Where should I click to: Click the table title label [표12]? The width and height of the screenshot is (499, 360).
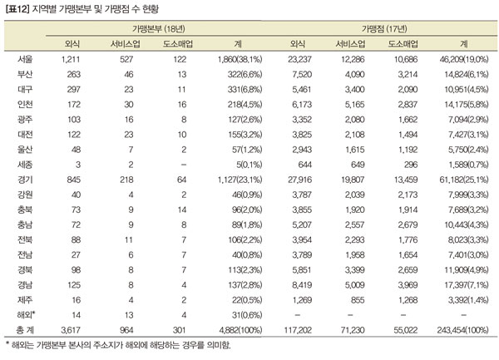(17, 9)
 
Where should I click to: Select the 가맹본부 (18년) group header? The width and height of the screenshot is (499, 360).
(159, 29)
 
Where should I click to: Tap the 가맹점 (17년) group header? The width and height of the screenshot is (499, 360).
(384, 29)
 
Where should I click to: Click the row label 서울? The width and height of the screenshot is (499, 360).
(25, 59)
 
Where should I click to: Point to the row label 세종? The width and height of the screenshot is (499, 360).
(25, 165)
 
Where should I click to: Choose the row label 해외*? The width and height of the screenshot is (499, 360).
(26, 315)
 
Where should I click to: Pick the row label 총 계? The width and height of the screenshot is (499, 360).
(25, 330)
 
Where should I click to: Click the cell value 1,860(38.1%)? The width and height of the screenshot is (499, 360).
(240, 59)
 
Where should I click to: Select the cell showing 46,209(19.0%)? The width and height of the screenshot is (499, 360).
(464, 59)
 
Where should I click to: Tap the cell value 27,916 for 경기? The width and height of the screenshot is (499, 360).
(299, 180)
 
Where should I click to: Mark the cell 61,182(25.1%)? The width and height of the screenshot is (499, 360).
(464, 180)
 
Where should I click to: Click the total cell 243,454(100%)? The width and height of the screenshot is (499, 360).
(462, 330)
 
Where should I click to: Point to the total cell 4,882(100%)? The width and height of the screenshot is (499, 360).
(240, 330)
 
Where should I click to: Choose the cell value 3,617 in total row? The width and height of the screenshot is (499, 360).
(71, 330)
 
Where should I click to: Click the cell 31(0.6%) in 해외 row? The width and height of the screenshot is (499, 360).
(247, 315)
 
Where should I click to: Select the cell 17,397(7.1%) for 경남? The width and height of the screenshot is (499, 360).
(467, 284)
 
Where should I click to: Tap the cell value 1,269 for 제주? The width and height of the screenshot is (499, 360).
(302, 300)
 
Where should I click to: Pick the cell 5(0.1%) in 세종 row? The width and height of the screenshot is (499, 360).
(249, 165)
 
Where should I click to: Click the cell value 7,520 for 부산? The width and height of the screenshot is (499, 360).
(302, 74)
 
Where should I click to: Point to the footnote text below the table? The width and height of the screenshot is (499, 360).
(118, 345)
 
